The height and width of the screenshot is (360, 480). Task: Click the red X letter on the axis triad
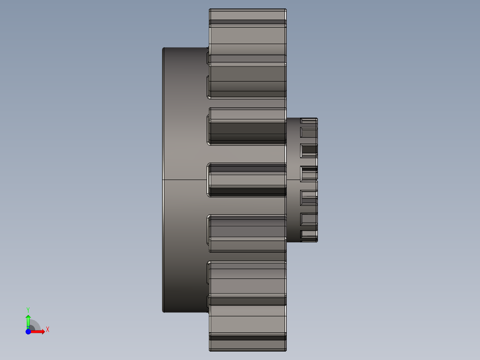point(48,330)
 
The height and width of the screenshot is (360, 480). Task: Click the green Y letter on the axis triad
point(28,309)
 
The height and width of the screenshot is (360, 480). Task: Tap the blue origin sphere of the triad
point(28,332)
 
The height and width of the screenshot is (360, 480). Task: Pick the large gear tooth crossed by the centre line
point(247,180)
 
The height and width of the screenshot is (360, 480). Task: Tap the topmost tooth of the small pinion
point(309,121)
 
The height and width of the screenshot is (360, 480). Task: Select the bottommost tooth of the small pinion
point(309,239)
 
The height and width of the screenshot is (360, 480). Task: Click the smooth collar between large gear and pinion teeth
point(293,180)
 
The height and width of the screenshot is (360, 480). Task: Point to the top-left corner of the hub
point(163,48)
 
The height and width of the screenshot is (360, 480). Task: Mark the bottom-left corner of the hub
point(163,311)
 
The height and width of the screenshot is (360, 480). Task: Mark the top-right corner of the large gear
point(286,9)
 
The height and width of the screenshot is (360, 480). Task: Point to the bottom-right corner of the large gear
point(286,350)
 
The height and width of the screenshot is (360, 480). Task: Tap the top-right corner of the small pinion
point(317,119)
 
